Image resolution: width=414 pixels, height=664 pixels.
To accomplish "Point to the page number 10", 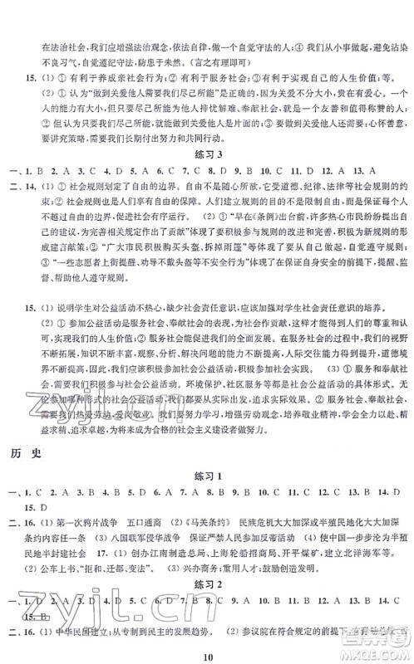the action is (206, 656).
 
